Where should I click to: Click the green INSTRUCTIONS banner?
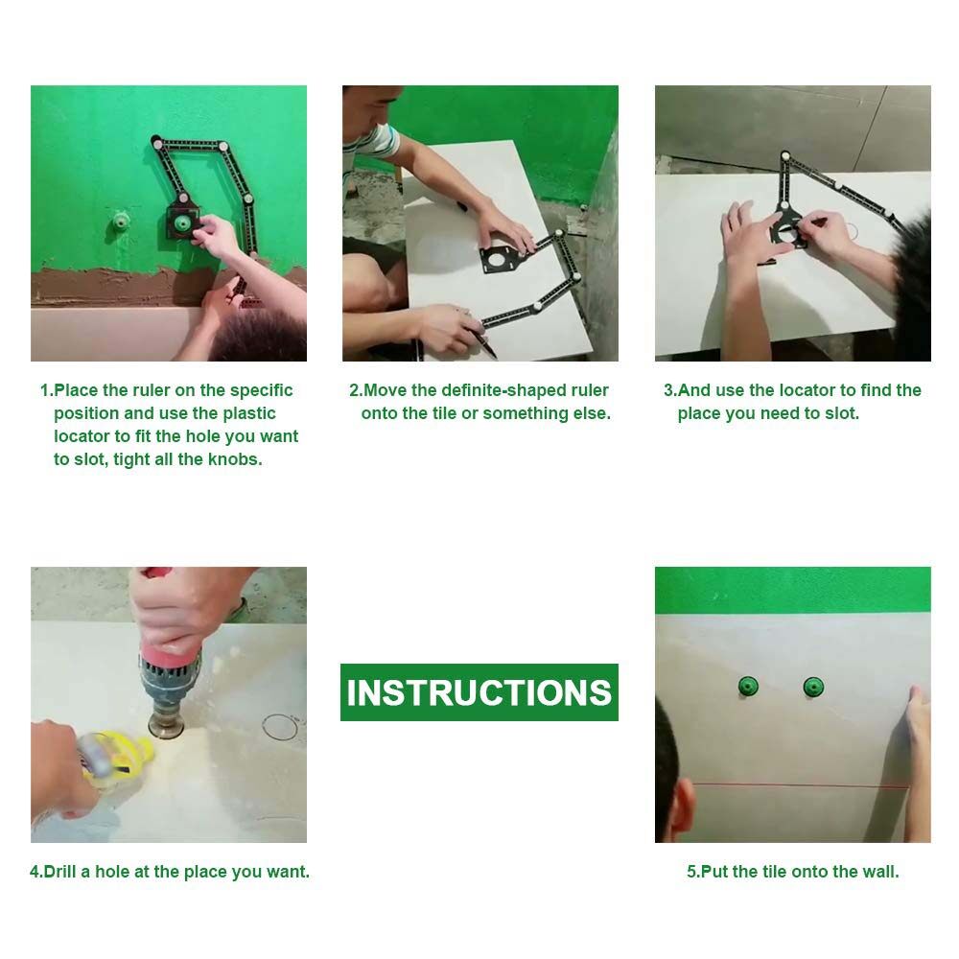pos(479,691)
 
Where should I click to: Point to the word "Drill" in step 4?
pos(59,872)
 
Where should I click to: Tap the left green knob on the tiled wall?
pos(747,687)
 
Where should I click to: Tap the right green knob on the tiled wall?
pos(813,687)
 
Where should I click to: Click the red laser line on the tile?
pos(801,785)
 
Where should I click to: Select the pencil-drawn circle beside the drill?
pos(264,728)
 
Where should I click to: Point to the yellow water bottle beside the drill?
pos(115,756)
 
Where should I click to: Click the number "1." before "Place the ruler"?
pos(46,390)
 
